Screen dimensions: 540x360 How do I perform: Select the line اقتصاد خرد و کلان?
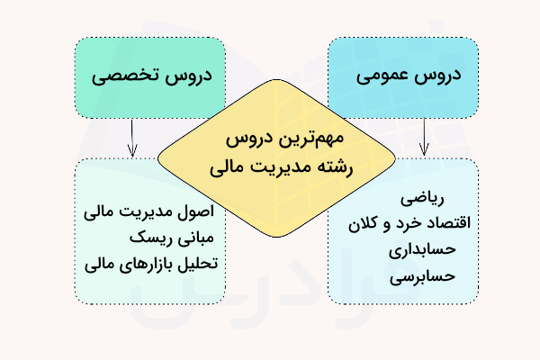pyautogui.click(x=409, y=221)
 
